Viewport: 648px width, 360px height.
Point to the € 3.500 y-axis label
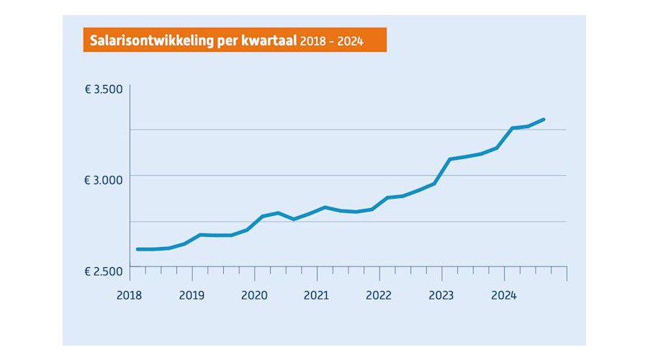pyautogui.click(x=104, y=90)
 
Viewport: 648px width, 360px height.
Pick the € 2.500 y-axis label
pyautogui.click(x=104, y=271)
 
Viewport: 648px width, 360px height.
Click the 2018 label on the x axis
pyautogui.click(x=129, y=294)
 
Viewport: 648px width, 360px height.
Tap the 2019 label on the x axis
pyautogui.click(x=192, y=294)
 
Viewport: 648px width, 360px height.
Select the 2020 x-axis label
pyautogui.click(x=254, y=294)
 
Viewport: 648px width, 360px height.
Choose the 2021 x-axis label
pyautogui.click(x=316, y=294)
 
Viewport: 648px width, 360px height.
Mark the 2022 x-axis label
pyautogui.click(x=379, y=294)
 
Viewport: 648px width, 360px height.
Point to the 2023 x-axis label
pyautogui.click(x=441, y=294)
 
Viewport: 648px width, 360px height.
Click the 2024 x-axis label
pyautogui.click(x=504, y=294)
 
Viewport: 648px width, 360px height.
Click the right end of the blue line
pyautogui.click(x=544, y=120)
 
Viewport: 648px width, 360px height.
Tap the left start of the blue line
pyautogui.click(x=137, y=249)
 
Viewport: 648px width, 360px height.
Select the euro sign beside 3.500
pyautogui.click(x=89, y=90)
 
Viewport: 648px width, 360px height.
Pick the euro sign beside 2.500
pyautogui.click(x=89, y=271)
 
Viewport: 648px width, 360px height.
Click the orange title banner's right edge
pyautogui.click(x=386, y=40)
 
